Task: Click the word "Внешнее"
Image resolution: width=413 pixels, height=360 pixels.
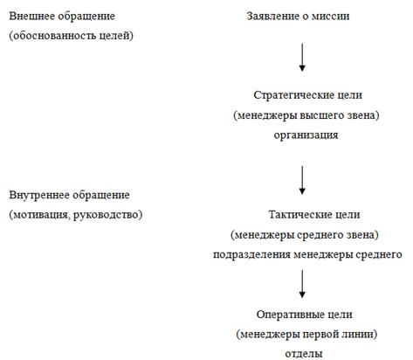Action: coord(31,16)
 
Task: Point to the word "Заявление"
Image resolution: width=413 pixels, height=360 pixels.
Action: coord(272,17)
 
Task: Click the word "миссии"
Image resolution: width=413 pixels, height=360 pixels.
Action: coord(330,17)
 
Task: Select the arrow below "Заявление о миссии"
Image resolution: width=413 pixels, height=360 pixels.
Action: coord(302,58)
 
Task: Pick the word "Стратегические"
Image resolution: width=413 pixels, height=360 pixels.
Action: coord(293,95)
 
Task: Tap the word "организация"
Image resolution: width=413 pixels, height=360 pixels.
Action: coord(306,135)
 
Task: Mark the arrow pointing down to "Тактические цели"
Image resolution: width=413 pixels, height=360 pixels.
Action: coord(302,180)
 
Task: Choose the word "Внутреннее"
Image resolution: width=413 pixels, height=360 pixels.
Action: coord(39,195)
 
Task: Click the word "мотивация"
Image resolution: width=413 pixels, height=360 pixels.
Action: coord(42,215)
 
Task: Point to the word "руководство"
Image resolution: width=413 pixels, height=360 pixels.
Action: coord(106,215)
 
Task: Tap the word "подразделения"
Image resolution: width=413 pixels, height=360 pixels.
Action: coord(251,255)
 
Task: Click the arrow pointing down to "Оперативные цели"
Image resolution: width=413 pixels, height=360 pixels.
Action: coord(302,284)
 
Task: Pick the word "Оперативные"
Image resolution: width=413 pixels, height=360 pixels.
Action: coord(291,315)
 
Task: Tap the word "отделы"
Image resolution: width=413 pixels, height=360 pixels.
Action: coord(304,354)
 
